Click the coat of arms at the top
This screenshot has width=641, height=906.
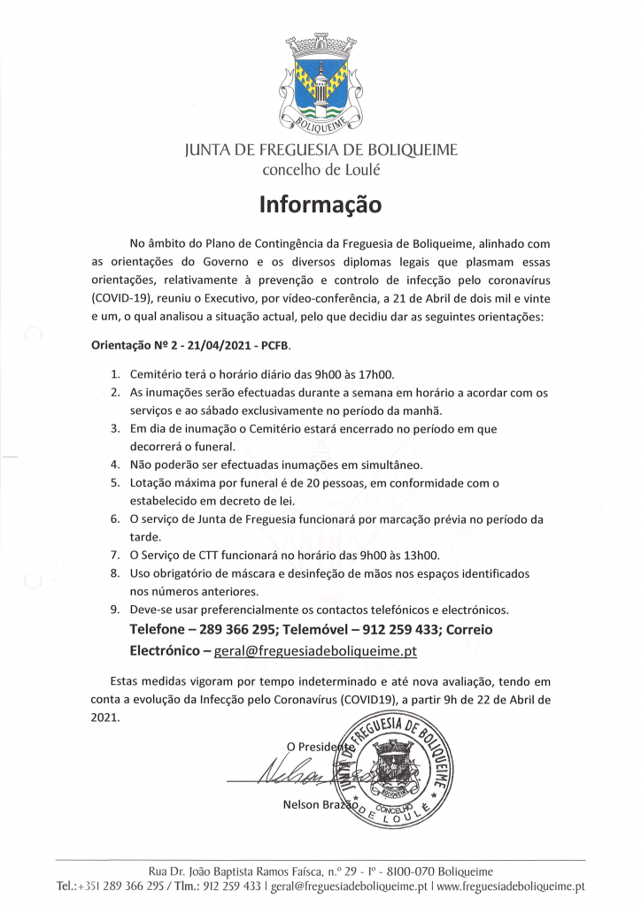320,81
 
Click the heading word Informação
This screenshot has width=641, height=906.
320,205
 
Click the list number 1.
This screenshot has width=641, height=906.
115,374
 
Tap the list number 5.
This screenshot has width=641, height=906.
115,482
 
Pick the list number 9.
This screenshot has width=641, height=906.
115,610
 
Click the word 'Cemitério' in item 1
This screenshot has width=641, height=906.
156,374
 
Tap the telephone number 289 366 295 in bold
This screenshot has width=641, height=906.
256,631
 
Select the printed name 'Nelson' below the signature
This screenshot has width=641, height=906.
302,804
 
